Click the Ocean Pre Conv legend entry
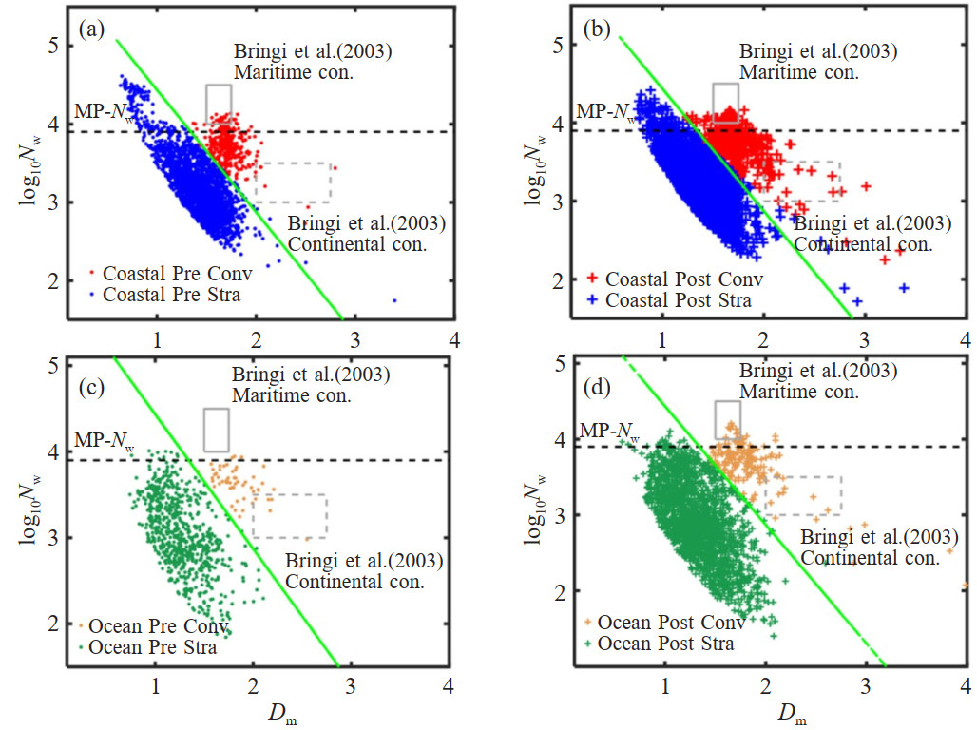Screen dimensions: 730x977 point(152,628)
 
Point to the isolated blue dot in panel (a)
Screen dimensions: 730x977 point(393,300)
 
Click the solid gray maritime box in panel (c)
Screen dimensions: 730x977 point(216,430)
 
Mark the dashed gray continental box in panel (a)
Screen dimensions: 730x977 point(293,182)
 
